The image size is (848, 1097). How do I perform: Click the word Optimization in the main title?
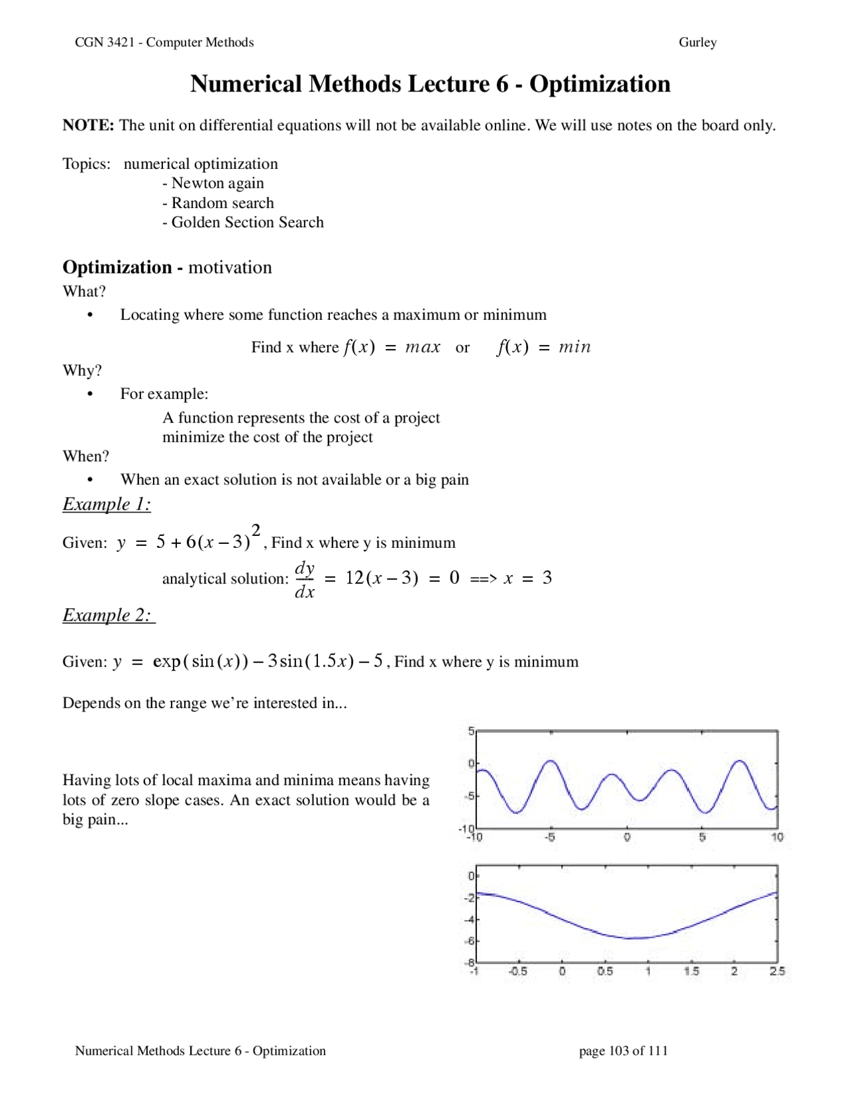tap(600, 84)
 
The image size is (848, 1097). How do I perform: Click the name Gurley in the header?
tap(697, 42)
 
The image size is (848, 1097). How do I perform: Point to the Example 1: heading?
tap(107, 504)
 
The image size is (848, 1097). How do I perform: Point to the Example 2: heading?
tap(108, 615)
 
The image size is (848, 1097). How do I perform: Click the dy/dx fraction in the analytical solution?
tap(304, 580)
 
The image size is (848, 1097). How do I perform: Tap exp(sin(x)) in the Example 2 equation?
tap(201, 661)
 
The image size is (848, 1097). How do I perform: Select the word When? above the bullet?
tap(85, 456)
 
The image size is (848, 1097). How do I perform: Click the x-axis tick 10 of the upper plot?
tap(776, 837)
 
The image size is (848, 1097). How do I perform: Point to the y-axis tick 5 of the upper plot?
tap(471, 731)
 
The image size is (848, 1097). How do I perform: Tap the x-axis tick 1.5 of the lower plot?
tap(691, 971)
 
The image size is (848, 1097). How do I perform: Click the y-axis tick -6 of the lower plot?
tap(470, 941)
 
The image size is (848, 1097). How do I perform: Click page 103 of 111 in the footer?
tap(623, 1051)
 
